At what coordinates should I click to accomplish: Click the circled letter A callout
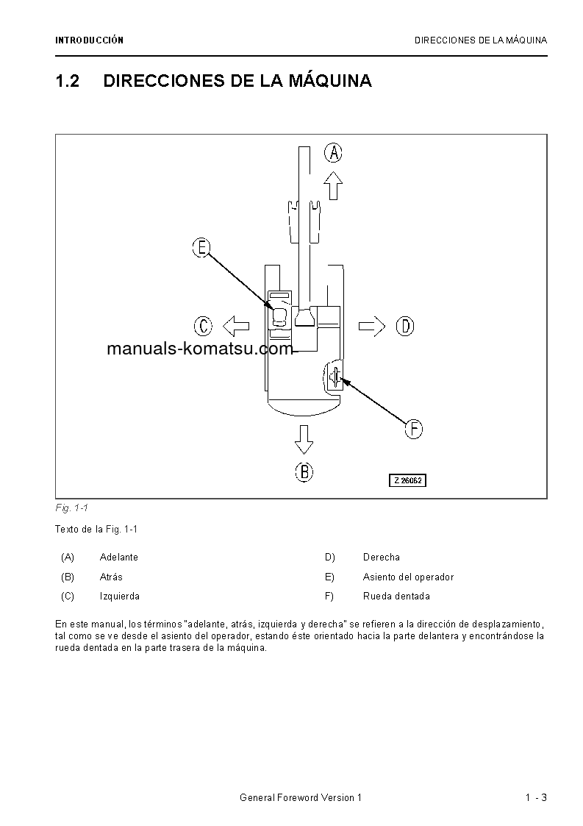coord(334,153)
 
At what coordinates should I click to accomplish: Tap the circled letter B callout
coord(304,471)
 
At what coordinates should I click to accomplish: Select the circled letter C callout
coord(203,325)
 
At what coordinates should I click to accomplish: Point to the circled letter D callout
coord(405,326)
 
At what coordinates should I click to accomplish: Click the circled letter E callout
coord(201,248)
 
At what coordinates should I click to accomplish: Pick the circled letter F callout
coord(414,429)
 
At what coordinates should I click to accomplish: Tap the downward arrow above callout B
coord(304,438)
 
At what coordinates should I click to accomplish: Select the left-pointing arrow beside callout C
coord(235,325)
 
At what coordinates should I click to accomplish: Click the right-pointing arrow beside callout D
coord(372,326)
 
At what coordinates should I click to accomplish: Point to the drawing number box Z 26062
coord(408,480)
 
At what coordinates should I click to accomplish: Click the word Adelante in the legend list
coord(119,558)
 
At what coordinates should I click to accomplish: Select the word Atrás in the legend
coord(111,577)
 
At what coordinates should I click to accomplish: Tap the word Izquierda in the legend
coord(120,597)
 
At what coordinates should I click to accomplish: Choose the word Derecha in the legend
coord(382,558)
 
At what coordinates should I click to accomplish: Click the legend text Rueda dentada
coord(396,597)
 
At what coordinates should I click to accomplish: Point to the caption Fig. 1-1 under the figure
coord(72,508)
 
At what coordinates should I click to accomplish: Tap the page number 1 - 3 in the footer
coord(536,798)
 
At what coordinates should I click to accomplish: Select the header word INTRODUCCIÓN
coord(89,40)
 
